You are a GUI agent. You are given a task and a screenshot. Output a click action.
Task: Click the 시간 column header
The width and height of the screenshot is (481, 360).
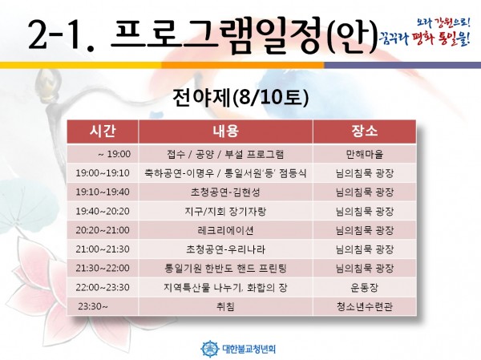click(x=103, y=131)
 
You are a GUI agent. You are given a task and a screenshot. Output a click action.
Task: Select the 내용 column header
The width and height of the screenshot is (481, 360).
click(x=226, y=131)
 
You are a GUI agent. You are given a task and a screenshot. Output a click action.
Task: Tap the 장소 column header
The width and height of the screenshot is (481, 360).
click(x=365, y=131)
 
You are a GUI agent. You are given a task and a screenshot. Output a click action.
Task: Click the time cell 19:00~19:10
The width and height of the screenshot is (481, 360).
click(x=103, y=173)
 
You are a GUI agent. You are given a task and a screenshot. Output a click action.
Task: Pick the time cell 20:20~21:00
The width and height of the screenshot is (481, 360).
click(x=103, y=230)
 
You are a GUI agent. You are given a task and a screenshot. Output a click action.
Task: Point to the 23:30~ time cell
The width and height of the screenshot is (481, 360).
click(x=93, y=306)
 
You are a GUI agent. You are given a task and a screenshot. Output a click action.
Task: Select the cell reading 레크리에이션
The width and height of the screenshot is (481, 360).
click(x=226, y=230)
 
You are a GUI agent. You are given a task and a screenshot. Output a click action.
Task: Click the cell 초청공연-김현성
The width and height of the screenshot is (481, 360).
click(x=226, y=192)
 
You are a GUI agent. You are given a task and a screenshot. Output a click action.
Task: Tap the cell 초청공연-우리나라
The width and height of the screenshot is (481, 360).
click(x=226, y=249)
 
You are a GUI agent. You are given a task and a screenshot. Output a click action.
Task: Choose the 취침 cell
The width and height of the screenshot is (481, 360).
click(x=226, y=306)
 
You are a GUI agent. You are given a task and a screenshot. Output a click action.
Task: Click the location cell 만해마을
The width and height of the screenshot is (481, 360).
click(x=365, y=154)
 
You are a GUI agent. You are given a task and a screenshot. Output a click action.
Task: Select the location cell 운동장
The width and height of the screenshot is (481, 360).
click(x=365, y=287)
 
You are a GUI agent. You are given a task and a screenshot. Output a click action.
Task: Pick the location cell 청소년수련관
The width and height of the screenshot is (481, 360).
click(x=365, y=306)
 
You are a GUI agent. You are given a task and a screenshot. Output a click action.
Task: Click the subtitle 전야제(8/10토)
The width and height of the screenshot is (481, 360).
click(x=240, y=98)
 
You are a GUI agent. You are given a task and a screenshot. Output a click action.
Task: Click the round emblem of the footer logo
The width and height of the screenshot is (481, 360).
click(x=210, y=349)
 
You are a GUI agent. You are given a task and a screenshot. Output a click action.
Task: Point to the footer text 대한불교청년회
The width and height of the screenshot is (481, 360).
click(x=249, y=349)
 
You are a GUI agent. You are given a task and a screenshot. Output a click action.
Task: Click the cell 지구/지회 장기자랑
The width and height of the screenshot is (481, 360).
click(x=226, y=211)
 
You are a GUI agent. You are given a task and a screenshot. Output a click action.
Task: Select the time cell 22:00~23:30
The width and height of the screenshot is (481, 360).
click(x=103, y=287)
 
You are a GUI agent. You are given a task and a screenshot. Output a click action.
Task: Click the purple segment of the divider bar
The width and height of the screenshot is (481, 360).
click(x=402, y=65)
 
